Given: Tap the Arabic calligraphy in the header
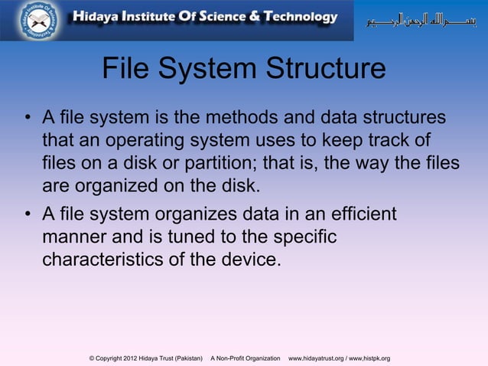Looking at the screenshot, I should pyautogui.click(x=424, y=19).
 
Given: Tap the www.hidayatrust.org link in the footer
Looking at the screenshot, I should pyautogui.click(x=315, y=358).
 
